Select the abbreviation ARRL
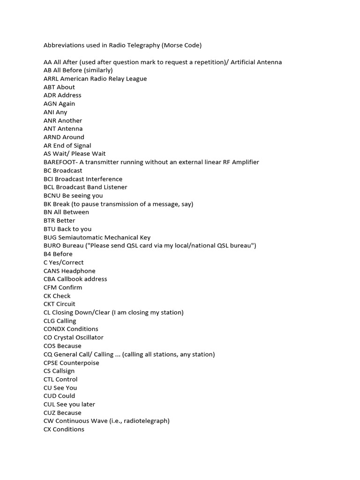[51, 79]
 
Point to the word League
[135, 79]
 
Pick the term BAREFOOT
[60, 162]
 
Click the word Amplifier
[243, 162]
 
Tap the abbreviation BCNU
[52, 195]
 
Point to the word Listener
[113, 187]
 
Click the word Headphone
[77, 271]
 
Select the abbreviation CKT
[50, 304]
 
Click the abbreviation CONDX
[53, 329]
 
